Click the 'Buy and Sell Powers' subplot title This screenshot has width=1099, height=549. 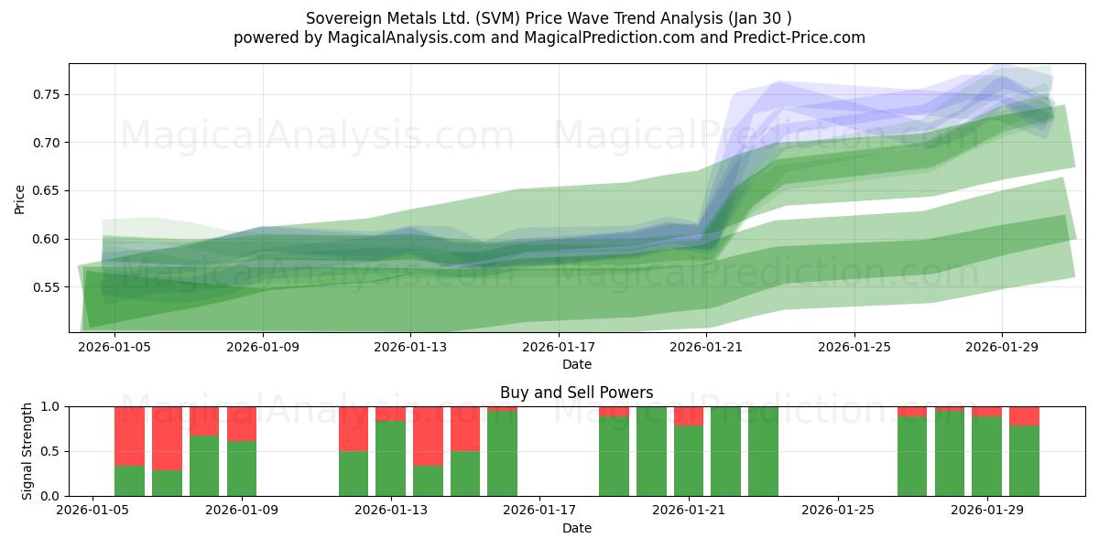coord(576,393)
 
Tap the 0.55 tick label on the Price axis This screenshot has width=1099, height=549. coord(46,287)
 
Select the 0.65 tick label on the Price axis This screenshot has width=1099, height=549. coord(46,191)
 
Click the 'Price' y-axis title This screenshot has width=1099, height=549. coord(20,198)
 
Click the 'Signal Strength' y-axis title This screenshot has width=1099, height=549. coord(27,450)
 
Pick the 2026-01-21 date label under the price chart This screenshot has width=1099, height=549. coord(706,348)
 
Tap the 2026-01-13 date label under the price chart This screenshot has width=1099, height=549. coord(410,348)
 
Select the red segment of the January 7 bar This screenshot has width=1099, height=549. coord(167,438)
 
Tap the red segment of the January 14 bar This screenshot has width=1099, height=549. coord(428,436)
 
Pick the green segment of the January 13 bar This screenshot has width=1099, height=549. coord(391,457)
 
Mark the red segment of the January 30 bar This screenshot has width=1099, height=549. coord(1024,415)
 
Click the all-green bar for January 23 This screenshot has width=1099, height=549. coord(763,451)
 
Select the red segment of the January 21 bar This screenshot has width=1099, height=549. coord(689,415)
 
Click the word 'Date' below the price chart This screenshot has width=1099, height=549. coord(576,364)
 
